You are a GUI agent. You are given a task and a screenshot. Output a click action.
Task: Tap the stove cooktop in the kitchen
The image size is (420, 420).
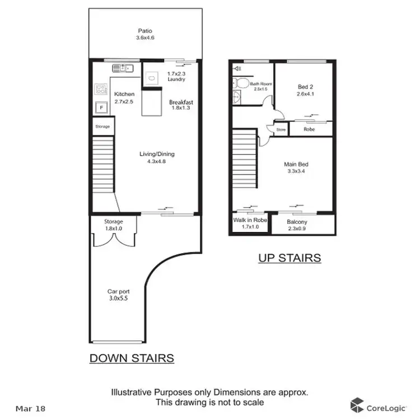pyautogui.click(x=101, y=90)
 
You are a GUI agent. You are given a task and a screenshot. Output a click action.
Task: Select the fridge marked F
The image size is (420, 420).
pyautogui.click(x=101, y=108)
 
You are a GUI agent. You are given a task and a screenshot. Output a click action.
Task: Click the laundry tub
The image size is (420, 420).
pyautogui.click(x=150, y=78)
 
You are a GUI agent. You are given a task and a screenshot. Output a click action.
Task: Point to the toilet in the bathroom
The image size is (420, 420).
pyautogui.click(x=241, y=83)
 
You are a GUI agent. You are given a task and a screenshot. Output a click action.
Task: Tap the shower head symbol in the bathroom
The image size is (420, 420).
pyautogui.click(x=236, y=69)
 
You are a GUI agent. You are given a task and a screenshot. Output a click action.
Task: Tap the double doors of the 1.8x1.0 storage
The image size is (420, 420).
pyautogui.click(x=113, y=239)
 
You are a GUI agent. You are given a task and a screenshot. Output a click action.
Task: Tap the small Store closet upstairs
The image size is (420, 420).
pyautogui.click(x=281, y=129)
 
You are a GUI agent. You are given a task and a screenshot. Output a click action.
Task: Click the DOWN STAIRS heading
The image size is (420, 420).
pyautogui.click(x=132, y=358)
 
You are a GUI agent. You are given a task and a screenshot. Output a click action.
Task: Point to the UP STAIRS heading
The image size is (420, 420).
pyautogui.click(x=290, y=258)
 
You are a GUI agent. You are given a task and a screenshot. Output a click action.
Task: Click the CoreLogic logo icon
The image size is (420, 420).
pyautogui.click(x=357, y=405)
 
